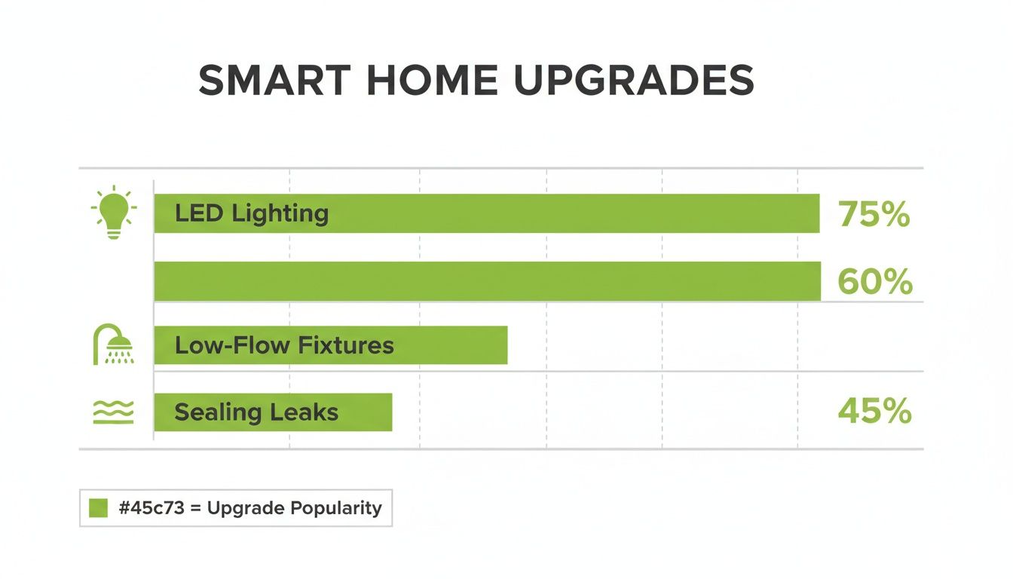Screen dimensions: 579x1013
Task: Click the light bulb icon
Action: point(114,212)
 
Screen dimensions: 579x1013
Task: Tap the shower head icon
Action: point(114,346)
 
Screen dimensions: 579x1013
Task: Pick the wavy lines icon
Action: point(114,412)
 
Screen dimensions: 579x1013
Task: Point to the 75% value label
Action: point(874,215)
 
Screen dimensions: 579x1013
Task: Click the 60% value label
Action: point(875,283)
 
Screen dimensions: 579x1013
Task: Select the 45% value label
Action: point(874,412)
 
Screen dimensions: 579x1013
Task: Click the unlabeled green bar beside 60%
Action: point(487,281)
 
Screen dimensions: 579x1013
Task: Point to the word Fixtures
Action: point(346,345)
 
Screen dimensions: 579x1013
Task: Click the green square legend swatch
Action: point(99,508)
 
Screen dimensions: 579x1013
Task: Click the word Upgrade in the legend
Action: point(245,509)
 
